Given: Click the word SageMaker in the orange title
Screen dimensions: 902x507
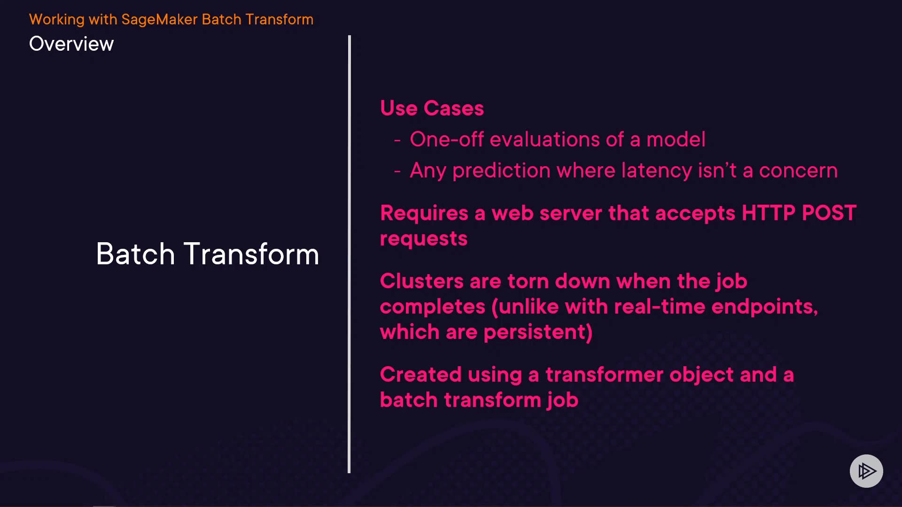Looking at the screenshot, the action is (159, 20).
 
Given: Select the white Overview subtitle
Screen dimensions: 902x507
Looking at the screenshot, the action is (71, 44).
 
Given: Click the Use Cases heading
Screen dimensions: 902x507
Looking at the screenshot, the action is (432, 108).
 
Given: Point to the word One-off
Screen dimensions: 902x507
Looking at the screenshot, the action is (447, 139).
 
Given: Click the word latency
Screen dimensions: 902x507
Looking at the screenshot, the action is (656, 171).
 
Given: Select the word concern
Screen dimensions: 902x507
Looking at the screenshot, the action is (798, 171).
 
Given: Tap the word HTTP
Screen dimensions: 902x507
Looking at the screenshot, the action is (768, 213).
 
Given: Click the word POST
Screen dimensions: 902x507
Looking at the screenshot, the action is (829, 213).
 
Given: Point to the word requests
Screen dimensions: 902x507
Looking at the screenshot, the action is (424, 239).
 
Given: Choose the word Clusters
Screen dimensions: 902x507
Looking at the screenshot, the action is (422, 281).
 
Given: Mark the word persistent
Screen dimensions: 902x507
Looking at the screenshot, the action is (538, 332).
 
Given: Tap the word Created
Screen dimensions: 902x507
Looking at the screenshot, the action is (421, 375).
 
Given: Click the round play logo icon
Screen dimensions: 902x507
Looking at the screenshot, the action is (866, 471).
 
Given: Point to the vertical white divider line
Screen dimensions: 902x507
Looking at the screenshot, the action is (349, 254).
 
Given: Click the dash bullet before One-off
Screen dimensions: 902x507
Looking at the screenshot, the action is (397, 140).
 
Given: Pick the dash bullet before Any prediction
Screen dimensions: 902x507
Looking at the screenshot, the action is (397, 171).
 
